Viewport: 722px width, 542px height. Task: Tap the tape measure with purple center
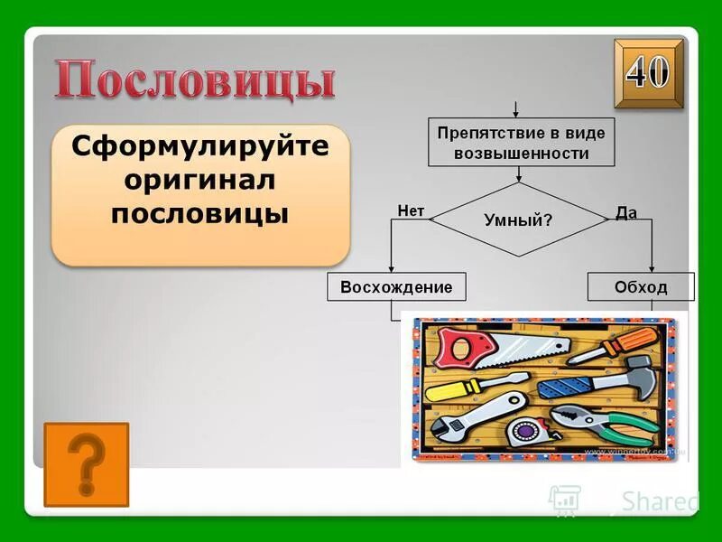pyautogui.click(x=523, y=430)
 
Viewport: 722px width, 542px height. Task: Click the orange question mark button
pyautogui.click(x=86, y=464)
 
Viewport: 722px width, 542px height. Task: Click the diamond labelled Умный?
pyautogui.click(x=518, y=219)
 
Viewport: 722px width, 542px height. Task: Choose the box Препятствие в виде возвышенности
pyautogui.click(x=521, y=143)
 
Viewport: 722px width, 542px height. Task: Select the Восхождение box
pyautogui.click(x=396, y=287)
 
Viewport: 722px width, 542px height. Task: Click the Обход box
pyautogui.click(x=641, y=287)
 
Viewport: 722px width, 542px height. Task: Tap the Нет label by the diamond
pyautogui.click(x=411, y=210)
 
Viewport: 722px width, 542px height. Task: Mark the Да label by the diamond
pyautogui.click(x=626, y=212)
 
